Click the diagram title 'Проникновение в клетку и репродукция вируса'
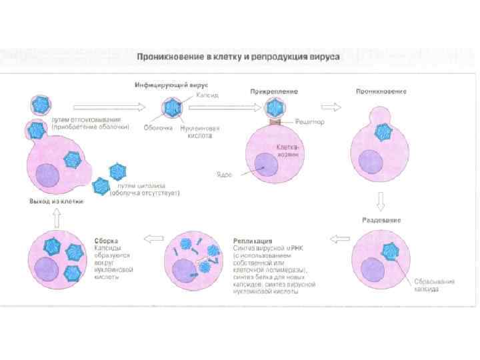coord(239,57)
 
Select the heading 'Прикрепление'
coord(274,91)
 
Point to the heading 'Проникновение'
coord(381,91)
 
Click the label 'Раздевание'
coord(381,219)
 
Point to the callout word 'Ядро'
coord(223,175)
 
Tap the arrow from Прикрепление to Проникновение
coord(329,106)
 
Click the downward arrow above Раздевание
coord(380,201)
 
